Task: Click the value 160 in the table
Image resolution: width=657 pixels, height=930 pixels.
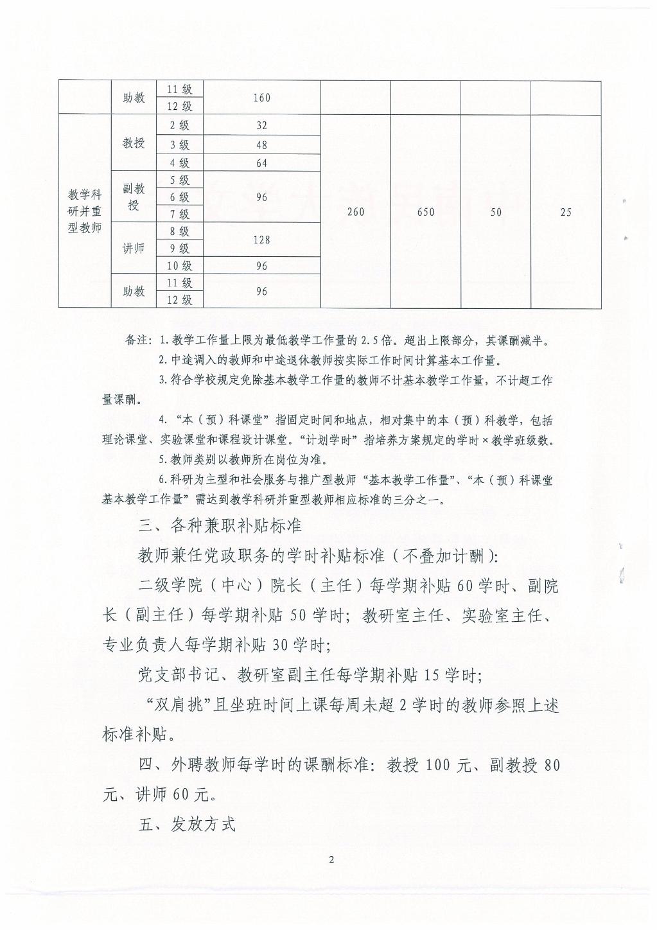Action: (261, 98)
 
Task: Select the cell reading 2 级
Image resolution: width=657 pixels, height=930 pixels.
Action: (179, 125)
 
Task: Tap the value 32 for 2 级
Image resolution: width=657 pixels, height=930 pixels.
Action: (261, 125)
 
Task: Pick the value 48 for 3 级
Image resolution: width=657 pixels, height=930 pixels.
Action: (261, 145)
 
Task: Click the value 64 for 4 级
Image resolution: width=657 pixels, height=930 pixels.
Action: (261, 163)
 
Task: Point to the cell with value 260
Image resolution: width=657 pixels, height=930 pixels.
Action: (355, 212)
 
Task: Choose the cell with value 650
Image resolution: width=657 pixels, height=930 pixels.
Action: (425, 212)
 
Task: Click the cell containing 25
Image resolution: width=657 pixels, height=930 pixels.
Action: (565, 212)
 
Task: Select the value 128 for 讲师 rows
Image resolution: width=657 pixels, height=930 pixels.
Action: (261, 240)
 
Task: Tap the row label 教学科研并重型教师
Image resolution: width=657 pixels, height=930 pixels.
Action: (85, 211)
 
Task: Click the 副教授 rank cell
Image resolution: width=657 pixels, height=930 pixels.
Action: (134, 197)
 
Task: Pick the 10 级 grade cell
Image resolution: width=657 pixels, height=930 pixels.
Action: (179, 266)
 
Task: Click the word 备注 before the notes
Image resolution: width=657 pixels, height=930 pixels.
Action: (137, 340)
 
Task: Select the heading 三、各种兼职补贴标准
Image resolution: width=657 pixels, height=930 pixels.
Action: (220, 525)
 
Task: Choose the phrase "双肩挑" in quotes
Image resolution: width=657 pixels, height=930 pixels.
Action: (180, 705)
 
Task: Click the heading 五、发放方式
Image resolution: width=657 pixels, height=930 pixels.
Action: (187, 825)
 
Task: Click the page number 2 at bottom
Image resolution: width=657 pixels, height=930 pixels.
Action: (331, 860)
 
